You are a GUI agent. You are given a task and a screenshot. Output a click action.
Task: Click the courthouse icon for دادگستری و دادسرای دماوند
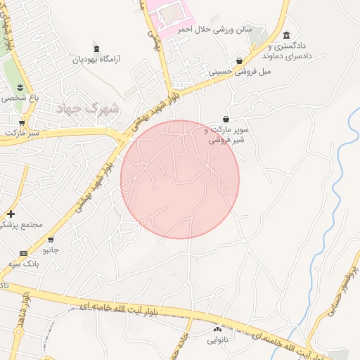click(286, 35)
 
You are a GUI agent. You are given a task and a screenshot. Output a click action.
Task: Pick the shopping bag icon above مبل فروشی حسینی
click(240, 60)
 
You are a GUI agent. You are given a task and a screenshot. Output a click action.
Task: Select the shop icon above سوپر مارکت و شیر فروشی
click(226, 119)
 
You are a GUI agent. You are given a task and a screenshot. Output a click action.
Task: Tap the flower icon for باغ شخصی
click(19, 87)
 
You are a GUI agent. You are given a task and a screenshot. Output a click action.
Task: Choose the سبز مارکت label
click(20, 131)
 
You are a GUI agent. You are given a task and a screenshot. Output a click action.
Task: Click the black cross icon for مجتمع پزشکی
click(11, 214)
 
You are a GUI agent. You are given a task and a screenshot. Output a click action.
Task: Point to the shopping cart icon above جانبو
click(50, 239)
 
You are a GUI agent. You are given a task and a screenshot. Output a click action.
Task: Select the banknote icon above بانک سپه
click(24, 252)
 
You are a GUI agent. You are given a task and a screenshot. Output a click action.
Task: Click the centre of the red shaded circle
click(180, 179)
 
